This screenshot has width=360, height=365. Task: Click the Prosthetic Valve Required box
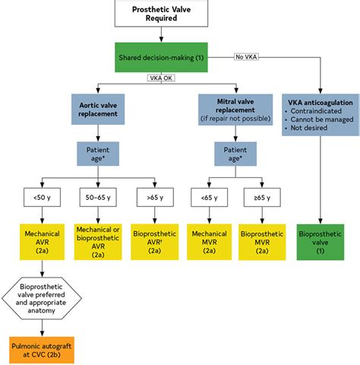[x=161, y=13]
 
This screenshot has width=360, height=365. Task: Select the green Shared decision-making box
[x=161, y=58]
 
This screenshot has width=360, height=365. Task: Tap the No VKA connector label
[x=246, y=57]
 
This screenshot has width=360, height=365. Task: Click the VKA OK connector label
[x=161, y=78]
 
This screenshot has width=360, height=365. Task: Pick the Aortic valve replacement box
[x=98, y=109]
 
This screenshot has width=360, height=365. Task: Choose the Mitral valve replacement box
[x=235, y=109]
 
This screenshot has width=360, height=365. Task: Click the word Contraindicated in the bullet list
[x=316, y=111]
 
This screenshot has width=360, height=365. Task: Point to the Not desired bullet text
[x=309, y=128]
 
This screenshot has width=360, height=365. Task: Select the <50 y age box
[x=42, y=197]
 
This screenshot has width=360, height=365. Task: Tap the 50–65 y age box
[x=98, y=197]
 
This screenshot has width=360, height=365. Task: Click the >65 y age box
[x=155, y=197]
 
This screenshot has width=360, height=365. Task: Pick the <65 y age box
[x=210, y=197]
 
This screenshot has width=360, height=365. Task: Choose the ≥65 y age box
[x=262, y=197]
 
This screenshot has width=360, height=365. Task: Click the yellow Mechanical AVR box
[x=42, y=242]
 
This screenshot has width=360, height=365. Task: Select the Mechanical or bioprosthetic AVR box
[x=98, y=242]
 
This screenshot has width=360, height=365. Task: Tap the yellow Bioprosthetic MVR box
[x=262, y=242]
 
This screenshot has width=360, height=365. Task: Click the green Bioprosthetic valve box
[x=321, y=242]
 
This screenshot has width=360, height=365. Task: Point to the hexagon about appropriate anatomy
[x=42, y=298]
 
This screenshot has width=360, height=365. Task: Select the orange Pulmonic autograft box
[x=42, y=350]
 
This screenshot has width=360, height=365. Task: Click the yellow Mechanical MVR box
[x=210, y=242]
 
